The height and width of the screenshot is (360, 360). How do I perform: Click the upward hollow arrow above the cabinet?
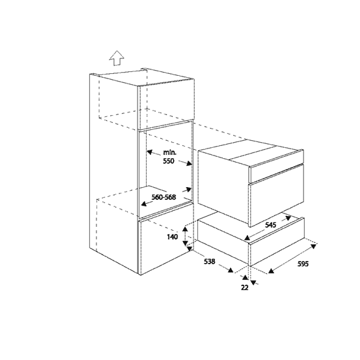[x=116, y=58]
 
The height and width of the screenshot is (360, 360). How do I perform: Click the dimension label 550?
[x=168, y=161]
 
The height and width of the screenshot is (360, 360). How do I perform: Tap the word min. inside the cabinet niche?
[x=170, y=152]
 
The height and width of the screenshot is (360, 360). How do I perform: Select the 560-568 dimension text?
[x=164, y=197]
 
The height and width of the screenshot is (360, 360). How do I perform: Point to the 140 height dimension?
[x=172, y=237]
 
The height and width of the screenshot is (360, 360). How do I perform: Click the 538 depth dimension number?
[x=210, y=261]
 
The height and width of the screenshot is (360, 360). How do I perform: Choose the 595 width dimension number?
[x=303, y=264]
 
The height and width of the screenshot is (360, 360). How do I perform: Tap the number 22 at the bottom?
[x=245, y=287]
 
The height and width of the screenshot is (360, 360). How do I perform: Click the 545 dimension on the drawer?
[x=271, y=225]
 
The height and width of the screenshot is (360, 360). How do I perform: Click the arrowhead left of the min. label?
[x=150, y=152]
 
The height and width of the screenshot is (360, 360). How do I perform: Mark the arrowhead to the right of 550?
[x=189, y=163]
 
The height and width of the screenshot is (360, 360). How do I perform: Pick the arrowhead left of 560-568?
[x=144, y=204]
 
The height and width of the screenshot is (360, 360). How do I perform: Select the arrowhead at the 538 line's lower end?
[x=231, y=270]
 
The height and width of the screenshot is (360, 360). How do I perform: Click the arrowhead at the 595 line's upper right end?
[x=314, y=246]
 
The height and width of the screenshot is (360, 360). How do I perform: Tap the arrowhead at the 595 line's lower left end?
[x=271, y=271]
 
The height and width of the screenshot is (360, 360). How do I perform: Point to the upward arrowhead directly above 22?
[x=245, y=277]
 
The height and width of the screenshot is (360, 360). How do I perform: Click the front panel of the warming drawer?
[x=277, y=241]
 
